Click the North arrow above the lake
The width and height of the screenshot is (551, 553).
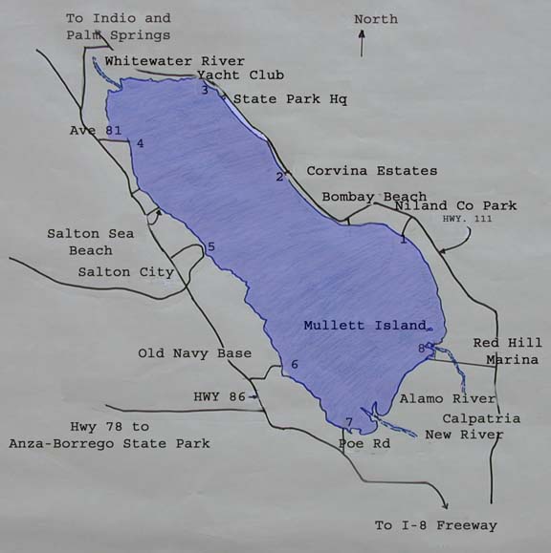pos(362,43)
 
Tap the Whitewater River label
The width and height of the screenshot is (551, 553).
pos(174,61)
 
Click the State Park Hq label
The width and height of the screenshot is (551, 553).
pos(291,98)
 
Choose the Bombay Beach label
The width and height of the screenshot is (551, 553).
pos(374,196)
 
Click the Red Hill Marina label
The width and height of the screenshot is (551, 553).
pos(507,351)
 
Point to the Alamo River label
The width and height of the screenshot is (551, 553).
pos(448,398)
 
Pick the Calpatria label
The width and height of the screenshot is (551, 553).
pos(481,418)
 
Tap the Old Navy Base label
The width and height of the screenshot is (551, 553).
pos(194,353)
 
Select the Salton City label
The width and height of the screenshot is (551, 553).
pos(126,272)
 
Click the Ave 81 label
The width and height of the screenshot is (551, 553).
pos(96,130)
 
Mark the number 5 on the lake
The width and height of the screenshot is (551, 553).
pos(210,247)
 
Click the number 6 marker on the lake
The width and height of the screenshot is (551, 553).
pos(295,364)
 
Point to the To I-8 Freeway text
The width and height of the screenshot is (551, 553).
pos(435,525)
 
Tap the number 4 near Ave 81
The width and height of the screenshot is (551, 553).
pos(140,143)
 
